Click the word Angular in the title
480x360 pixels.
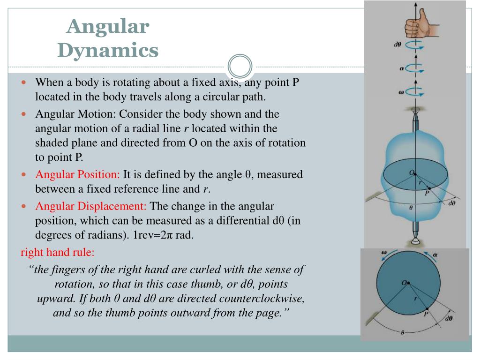[108, 26]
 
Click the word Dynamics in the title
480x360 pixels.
[108, 50]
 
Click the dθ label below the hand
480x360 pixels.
[397, 45]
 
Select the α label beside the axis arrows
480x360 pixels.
[402, 68]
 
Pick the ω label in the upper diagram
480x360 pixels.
[401, 92]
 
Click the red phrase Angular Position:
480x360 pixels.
[78, 175]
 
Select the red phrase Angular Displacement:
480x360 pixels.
[91, 206]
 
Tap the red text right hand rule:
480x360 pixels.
[58, 252]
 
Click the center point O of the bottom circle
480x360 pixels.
[409, 282]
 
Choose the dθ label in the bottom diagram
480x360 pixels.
[449, 318]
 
